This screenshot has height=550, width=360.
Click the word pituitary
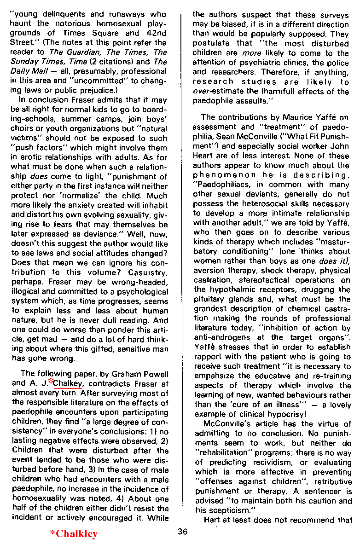pyautogui.click(x=208, y=299)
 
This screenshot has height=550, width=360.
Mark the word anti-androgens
pyautogui.click(x=223, y=337)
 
